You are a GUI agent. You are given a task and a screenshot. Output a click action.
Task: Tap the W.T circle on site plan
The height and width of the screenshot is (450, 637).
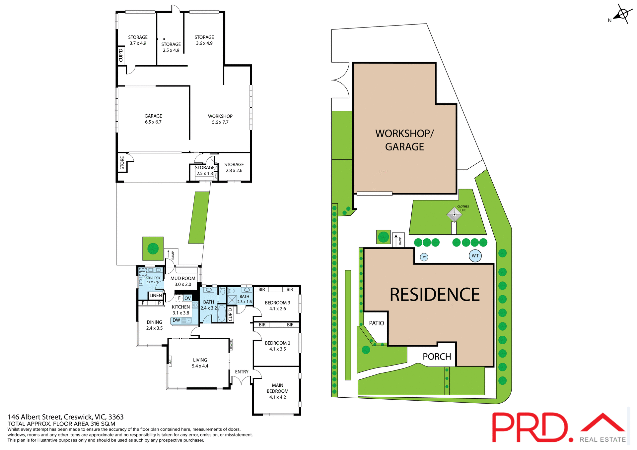tap(475, 255)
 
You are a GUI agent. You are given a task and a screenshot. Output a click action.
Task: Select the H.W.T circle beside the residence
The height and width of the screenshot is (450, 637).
tap(424, 257)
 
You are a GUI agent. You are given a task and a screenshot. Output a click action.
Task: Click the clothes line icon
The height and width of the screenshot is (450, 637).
tap(454, 214)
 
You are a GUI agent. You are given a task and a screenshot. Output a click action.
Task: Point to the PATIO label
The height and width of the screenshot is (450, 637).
tap(377, 323)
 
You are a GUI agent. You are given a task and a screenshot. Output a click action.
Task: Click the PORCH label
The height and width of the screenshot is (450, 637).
tap(437, 357)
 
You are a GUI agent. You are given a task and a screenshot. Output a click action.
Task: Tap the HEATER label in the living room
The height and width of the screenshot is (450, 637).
tap(231, 345)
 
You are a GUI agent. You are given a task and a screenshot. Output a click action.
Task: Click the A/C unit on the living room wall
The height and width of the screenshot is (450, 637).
tap(170, 361)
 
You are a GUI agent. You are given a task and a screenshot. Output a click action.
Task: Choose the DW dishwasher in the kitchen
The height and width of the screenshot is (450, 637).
tap(177, 320)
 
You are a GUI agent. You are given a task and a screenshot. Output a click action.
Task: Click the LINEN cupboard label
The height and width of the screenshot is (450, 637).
tap(156, 296)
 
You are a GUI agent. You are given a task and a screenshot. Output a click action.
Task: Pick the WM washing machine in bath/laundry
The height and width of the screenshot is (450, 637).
tap(143, 272)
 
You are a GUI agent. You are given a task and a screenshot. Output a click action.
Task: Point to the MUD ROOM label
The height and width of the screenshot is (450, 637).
tap(183, 278)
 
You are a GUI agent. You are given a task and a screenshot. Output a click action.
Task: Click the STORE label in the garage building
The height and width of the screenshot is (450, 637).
tap(122, 163)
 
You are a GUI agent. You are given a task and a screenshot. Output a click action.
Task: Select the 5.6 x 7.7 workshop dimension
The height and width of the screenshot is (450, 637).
tap(220, 122)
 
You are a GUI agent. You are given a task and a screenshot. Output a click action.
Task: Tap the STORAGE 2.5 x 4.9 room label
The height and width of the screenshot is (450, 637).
tap(171, 47)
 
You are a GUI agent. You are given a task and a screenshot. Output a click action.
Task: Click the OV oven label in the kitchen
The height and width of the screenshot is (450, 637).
tap(187, 298)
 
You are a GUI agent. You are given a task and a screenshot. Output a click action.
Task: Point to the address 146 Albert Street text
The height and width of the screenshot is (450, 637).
tap(66, 417)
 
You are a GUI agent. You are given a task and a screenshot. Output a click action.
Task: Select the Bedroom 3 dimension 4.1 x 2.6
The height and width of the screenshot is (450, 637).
tap(277, 309)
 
